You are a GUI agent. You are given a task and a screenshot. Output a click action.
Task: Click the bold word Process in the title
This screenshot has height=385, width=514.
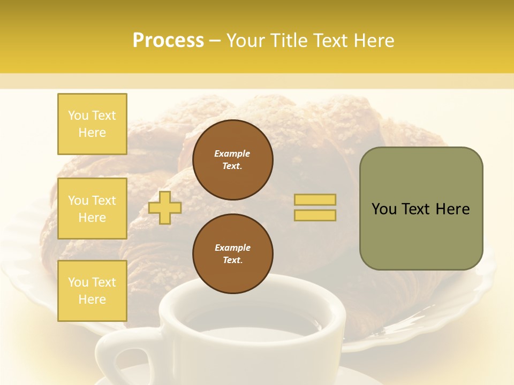tap(168, 41)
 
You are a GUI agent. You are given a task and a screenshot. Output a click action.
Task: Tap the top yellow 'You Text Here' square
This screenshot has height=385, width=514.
tap(92, 124)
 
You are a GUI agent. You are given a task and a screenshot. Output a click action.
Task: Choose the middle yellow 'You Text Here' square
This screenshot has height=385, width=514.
tap(92, 209)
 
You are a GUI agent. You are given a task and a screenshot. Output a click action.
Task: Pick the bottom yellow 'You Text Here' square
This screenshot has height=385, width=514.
tap(92, 290)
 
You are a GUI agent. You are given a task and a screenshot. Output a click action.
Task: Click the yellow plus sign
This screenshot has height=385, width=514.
tap(165, 207)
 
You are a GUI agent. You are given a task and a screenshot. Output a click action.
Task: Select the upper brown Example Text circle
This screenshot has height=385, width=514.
tap(232, 159)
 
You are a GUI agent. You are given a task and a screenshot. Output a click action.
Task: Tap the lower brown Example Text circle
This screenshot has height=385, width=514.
tap(232, 253)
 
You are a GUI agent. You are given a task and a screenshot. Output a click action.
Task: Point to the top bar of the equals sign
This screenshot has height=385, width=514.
tap(315, 200)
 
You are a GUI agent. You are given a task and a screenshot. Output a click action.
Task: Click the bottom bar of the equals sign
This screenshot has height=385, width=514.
tap(315, 215)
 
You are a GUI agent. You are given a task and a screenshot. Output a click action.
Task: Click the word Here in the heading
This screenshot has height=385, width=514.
tap(373, 41)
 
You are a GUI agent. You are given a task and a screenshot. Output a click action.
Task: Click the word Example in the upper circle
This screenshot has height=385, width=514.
tap(232, 153)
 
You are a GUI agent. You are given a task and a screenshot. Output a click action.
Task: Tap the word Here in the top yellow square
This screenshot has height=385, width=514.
tap(92, 133)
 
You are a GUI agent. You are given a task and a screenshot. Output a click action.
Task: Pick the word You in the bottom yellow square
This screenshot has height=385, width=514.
tap(78, 282)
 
